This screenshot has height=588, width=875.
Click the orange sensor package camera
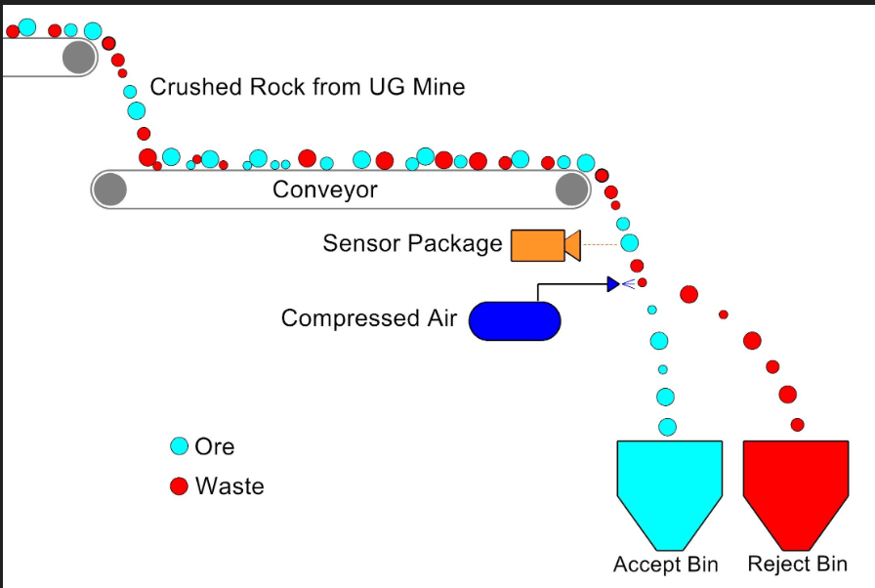[x=545, y=245]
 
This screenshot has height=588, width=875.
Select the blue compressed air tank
[x=515, y=320]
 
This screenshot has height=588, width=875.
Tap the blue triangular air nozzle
[x=613, y=284]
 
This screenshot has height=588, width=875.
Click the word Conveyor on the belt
[x=325, y=189]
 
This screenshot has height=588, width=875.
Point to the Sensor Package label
[x=412, y=243]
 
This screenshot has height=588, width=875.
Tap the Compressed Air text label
[x=369, y=318]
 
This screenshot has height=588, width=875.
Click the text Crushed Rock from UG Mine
[x=308, y=87]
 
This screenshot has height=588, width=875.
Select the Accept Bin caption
[x=666, y=564]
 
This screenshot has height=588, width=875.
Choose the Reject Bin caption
[x=798, y=564]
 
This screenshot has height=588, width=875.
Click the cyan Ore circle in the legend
[x=179, y=446]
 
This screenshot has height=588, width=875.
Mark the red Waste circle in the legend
[x=179, y=485]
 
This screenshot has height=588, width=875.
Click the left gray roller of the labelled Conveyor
[x=110, y=189]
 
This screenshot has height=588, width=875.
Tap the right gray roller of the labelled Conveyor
[x=572, y=189]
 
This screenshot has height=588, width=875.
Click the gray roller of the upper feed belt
[x=79, y=57]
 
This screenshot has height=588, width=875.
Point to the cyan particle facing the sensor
[x=630, y=243]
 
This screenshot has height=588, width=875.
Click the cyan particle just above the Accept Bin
[x=667, y=428]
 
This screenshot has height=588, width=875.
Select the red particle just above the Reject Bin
[x=798, y=425]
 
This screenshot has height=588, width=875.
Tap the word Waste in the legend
[x=229, y=485]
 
